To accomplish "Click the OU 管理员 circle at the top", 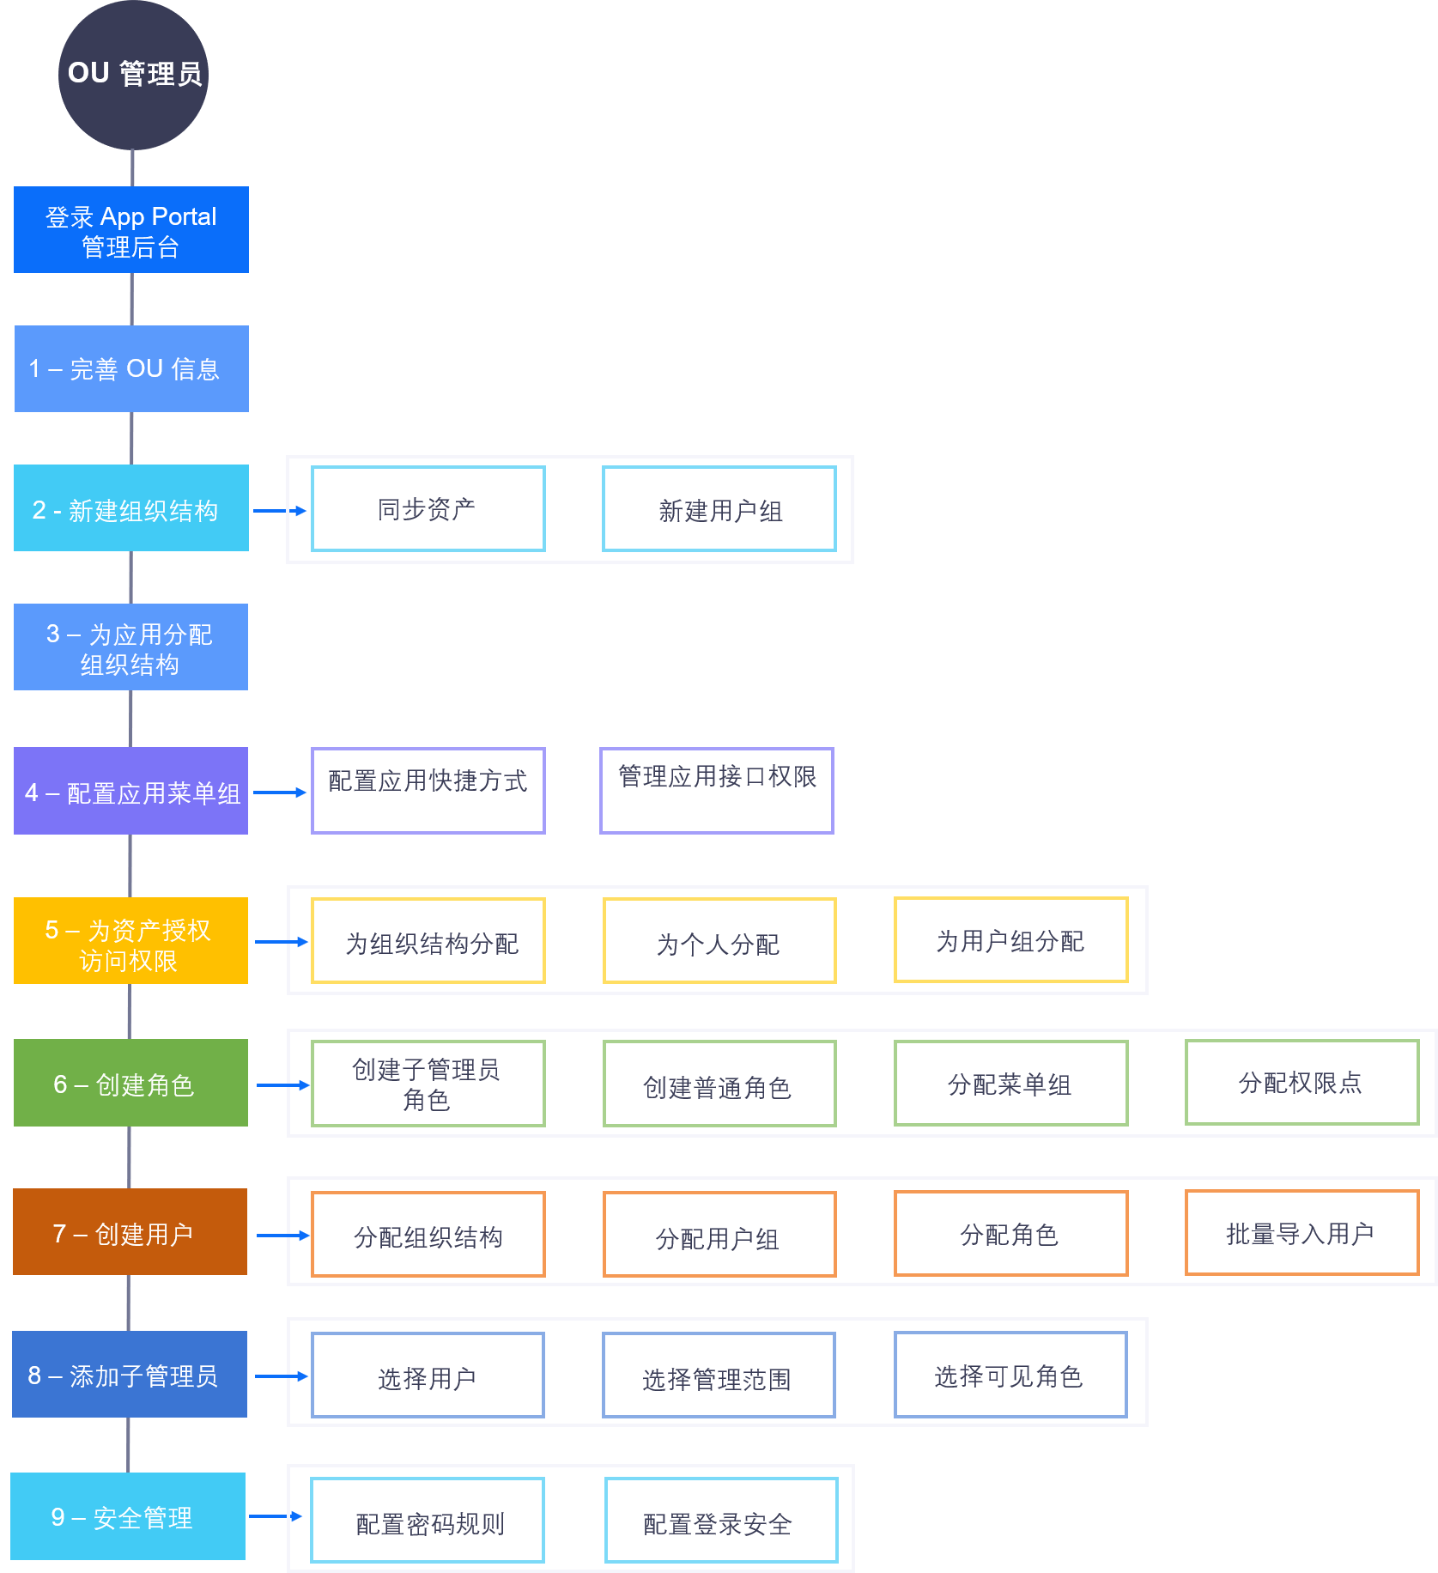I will (x=133, y=75).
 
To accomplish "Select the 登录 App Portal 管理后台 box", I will (x=131, y=230).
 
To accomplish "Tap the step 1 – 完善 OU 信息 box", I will (x=131, y=368).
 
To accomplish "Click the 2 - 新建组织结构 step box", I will (x=131, y=508).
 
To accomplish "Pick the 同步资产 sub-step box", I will (x=428, y=509).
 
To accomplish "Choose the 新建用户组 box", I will (x=719, y=509).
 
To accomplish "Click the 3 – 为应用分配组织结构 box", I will (x=130, y=647).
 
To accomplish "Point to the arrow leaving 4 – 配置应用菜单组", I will (x=280, y=793).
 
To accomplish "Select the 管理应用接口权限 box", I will (x=717, y=791).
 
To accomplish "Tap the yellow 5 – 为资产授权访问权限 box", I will (x=130, y=941).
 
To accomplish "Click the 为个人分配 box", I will (x=719, y=941).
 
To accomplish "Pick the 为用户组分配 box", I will (x=1010, y=940).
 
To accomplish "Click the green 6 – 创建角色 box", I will (x=130, y=1083).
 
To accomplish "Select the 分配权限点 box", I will (x=1301, y=1083).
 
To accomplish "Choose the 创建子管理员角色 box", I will (x=428, y=1084).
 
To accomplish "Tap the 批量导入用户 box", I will (x=1301, y=1233).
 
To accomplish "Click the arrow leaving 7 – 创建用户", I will (x=283, y=1236).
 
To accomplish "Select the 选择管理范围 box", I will (x=719, y=1376).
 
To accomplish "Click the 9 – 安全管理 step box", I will (x=128, y=1516).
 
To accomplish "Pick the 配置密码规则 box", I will (x=428, y=1521).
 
